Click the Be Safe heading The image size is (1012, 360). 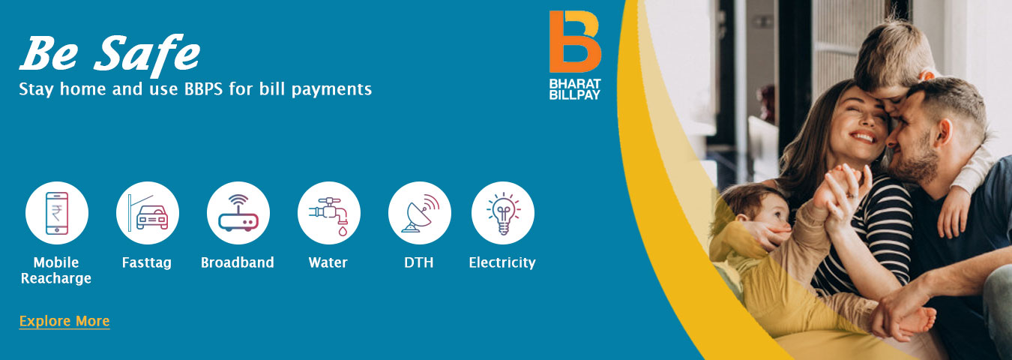[109, 55]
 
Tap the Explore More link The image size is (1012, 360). [64, 321]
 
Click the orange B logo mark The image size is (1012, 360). [575, 41]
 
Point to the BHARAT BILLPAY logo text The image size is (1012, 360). [575, 89]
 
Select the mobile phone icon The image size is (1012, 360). [57, 213]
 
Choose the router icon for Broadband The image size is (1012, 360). [238, 213]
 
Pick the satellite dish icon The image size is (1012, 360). [420, 213]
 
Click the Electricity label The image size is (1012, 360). [502, 262]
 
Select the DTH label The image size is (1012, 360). [419, 262]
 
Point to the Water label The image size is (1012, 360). [328, 262]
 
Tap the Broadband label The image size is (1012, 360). [238, 262]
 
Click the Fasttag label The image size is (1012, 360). [147, 262]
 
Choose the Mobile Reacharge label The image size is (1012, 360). [56, 271]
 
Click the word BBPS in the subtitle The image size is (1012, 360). [203, 89]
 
